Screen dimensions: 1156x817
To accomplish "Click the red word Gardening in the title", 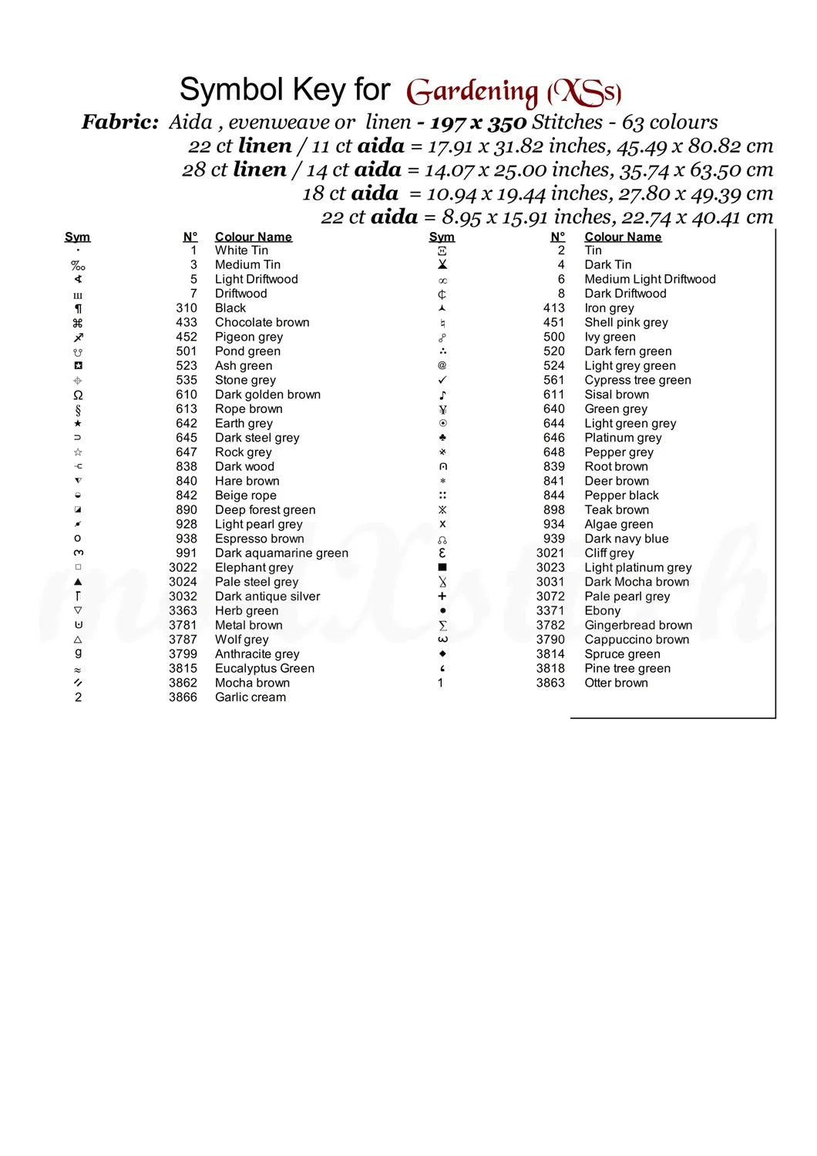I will [x=472, y=92].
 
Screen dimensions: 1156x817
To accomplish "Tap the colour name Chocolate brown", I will [x=262, y=322].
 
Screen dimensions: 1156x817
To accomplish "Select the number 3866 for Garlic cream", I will [x=183, y=697].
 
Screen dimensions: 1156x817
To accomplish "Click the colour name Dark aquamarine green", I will [x=281, y=553].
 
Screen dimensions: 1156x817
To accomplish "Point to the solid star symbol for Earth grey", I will [x=78, y=423].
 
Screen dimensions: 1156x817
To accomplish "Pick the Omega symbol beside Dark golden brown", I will [x=78, y=395].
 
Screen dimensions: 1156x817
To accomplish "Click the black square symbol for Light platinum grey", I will [x=442, y=567].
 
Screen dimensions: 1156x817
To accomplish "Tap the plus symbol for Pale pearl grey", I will [x=442, y=596].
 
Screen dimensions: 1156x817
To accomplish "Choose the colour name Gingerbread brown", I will [x=638, y=625].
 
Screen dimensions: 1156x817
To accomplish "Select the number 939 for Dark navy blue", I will [x=553, y=539].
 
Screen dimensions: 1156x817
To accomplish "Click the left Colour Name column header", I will [x=254, y=237].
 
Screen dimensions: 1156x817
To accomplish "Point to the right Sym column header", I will [x=442, y=237].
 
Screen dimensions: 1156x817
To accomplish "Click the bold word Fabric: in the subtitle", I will [x=120, y=122].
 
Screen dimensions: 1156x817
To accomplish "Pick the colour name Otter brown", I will [x=616, y=683].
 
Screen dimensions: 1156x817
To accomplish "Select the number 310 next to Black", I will [x=187, y=307].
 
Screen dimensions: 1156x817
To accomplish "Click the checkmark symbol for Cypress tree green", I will [x=442, y=380].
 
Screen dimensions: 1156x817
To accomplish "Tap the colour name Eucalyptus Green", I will [x=264, y=668].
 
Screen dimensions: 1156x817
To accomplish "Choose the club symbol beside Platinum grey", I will [x=442, y=438].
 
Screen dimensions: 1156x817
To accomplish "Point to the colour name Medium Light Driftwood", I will [x=650, y=279].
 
